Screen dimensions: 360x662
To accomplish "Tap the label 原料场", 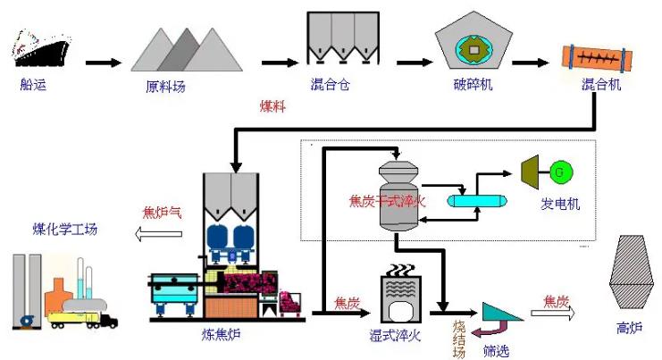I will (167, 88).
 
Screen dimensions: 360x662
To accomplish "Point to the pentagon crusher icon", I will (473, 46).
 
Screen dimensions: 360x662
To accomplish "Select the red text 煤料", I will (274, 106).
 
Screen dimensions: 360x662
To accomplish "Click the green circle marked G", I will (561, 170).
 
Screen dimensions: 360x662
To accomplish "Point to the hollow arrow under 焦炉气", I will (160, 234).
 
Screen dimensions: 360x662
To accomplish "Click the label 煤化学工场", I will (62, 230).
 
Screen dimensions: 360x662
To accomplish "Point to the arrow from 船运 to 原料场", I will (102, 63).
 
